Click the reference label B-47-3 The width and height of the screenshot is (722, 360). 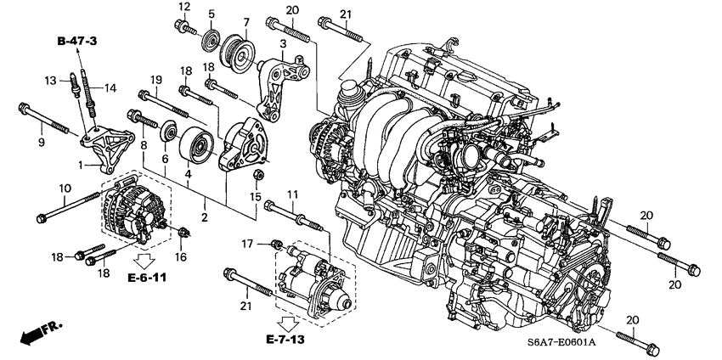[x=77, y=41]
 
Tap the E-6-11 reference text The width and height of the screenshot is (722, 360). [x=147, y=278]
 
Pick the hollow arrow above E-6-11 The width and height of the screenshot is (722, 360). [x=142, y=258]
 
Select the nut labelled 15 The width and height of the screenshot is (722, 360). [x=259, y=177]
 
